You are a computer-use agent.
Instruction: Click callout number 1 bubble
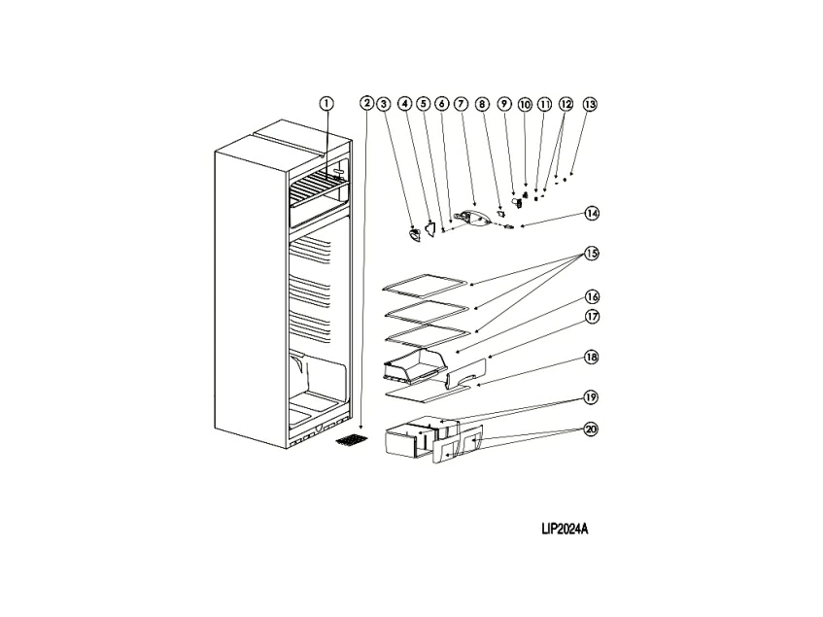tap(326, 103)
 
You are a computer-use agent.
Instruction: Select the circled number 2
tap(366, 103)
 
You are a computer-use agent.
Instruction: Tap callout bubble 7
tap(461, 103)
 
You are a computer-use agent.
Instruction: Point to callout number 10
tap(525, 104)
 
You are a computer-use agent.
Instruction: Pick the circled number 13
tap(590, 104)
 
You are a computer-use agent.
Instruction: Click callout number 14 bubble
tap(592, 213)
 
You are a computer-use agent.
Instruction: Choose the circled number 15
tap(592, 254)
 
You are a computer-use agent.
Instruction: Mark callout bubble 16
tap(592, 296)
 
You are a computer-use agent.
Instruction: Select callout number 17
tap(592, 317)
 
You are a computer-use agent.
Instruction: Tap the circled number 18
tap(592, 357)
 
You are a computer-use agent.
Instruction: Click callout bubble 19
tap(592, 396)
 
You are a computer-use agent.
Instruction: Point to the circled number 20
tap(592, 428)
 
